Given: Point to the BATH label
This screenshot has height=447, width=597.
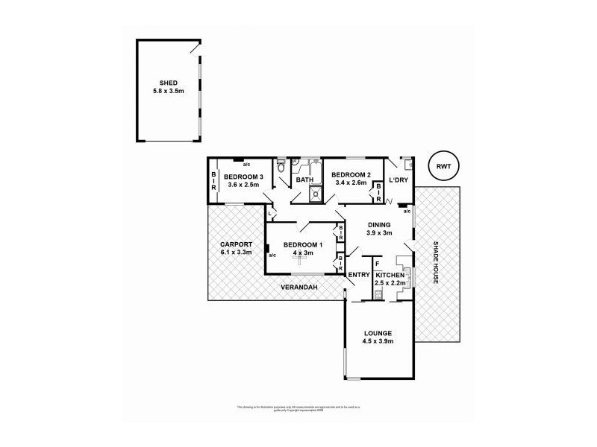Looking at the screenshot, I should coord(304,180).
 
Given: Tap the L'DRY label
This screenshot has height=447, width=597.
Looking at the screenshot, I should coord(398,180).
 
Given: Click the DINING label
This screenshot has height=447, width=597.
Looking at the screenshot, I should coord(378,223).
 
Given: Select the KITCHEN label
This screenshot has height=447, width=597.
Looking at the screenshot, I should coord(390,275).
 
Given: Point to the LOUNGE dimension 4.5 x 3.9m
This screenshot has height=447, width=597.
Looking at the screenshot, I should coord(378,342).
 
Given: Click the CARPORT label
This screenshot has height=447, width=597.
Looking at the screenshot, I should coord(236,244).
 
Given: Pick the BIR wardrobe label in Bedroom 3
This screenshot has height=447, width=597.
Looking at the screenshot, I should coord(214,180).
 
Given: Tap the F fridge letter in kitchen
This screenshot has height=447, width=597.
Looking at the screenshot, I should coord(378,263).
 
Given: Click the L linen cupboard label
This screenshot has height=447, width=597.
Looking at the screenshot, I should coord(269,213).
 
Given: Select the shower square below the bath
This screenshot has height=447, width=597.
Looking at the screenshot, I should coord(316,195).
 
